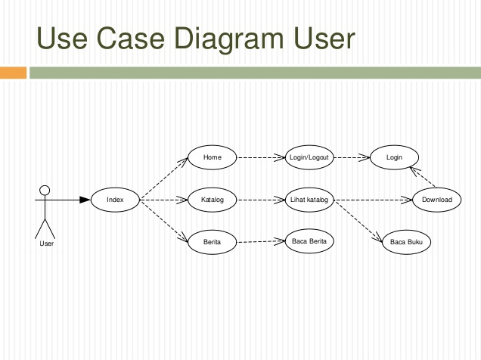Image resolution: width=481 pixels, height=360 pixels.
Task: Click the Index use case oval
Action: click(115, 200)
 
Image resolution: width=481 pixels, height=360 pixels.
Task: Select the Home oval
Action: click(213, 157)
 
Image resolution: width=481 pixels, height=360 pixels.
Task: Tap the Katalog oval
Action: click(213, 200)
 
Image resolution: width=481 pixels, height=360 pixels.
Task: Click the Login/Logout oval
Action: click(309, 157)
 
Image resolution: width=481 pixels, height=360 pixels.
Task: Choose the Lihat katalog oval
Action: click(309, 200)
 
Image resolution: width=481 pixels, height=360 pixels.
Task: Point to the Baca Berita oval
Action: click(309, 241)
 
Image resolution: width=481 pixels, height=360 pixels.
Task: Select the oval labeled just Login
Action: click(394, 157)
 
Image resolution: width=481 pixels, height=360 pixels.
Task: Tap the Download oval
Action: click(436, 200)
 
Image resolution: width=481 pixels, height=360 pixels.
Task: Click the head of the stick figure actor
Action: click(45, 189)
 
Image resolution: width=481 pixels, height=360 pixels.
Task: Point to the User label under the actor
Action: click(46, 244)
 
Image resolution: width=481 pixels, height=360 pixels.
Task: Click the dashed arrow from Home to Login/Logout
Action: click(261, 157)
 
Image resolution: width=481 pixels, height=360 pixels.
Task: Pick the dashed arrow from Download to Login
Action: click(424, 178)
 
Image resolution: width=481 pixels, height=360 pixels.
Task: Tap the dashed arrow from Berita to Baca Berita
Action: click(261, 241)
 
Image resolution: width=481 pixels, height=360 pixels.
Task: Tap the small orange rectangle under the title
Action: click(13, 73)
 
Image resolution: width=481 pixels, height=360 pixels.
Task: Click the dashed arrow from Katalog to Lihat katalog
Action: click(261, 200)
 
